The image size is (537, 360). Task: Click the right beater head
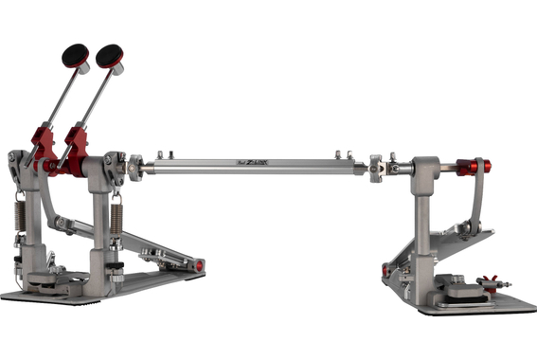109,56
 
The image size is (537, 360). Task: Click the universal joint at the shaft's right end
377,169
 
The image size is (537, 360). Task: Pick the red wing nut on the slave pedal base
491,283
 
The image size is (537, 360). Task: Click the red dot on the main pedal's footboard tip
200,266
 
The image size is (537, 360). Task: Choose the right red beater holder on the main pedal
75,146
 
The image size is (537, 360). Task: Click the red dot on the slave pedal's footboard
385,270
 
